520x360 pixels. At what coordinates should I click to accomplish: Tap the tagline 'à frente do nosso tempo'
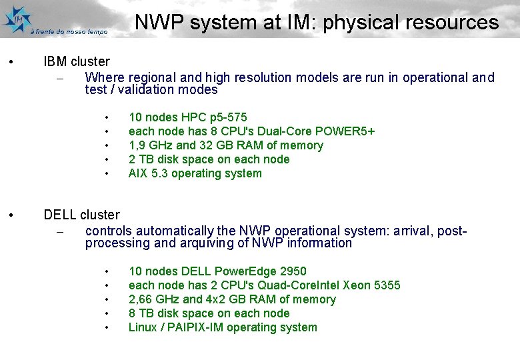pos(69,31)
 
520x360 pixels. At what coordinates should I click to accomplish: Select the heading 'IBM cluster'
pos(76,62)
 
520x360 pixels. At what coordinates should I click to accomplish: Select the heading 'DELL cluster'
pos(81,215)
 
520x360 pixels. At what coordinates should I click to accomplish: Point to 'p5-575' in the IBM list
pos(228,117)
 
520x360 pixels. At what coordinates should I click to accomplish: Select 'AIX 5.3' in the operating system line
pos(148,173)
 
